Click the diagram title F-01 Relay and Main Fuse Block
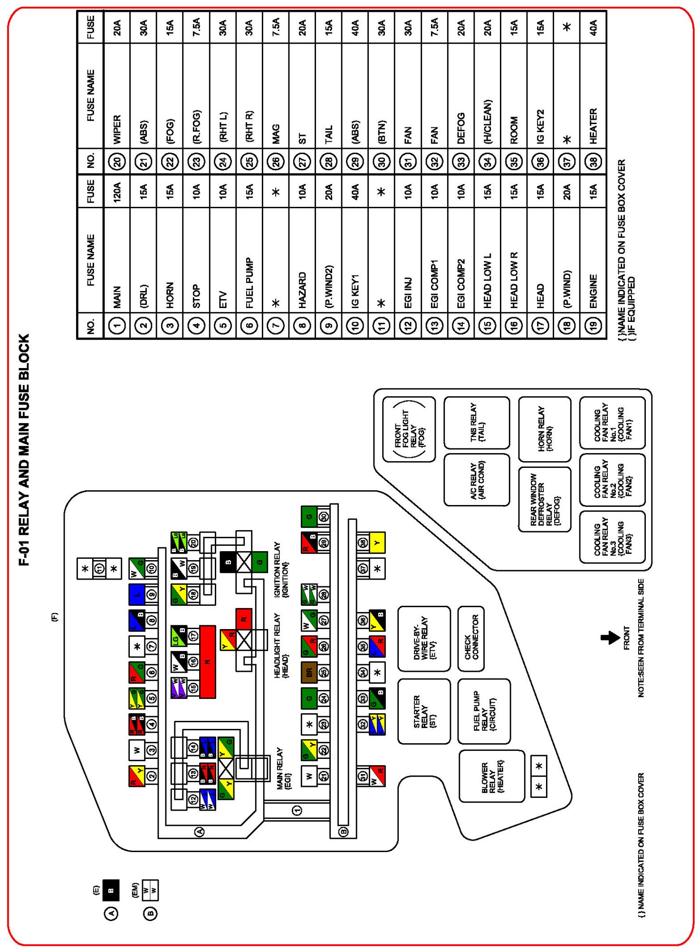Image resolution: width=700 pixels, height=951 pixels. (x=24, y=449)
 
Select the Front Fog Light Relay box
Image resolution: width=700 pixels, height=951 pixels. (x=409, y=429)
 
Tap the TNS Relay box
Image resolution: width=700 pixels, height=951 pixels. (x=477, y=423)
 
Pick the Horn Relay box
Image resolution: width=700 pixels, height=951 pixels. (x=545, y=429)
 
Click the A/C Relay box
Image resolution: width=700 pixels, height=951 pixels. (x=477, y=480)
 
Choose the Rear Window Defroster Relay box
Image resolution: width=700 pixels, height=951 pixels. (x=545, y=499)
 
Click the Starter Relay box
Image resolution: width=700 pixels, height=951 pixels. (x=423, y=711)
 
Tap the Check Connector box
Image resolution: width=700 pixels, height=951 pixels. (x=471, y=639)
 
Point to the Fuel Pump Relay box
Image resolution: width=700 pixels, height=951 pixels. (x=484, y=711)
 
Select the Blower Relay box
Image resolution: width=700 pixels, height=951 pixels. (x=491, y=776)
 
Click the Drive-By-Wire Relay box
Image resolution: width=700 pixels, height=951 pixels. (x=423, y=639)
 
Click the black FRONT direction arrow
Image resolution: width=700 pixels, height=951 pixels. (x=610, y=637)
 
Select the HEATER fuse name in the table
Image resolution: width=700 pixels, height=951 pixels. (x=593, y=126)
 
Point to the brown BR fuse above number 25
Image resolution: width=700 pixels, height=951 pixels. (x=309, y=672)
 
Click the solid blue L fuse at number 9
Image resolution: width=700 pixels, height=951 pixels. (x=137, y=594)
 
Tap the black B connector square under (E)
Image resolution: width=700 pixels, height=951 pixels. (x=111, y=890)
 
